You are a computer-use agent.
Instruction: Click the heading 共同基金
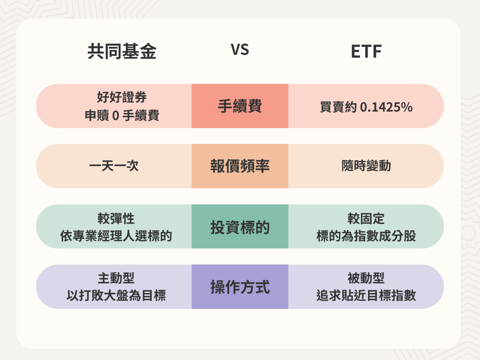[x=122, y=52]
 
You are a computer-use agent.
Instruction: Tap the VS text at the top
[x=240, y=51]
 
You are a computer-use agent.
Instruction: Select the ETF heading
[x=366, y=52]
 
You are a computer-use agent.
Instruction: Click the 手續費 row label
[x=240, y=106]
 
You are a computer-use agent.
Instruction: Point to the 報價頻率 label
[x=240, y=166]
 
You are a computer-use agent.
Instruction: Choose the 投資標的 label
[x=240, y=227]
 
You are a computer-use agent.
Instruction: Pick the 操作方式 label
[x=240, y=287]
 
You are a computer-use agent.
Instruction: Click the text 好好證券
[x=122, y=98]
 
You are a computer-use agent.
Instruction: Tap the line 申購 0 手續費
[x=122, y=115]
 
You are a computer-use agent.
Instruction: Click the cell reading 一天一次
[x=114, y=166]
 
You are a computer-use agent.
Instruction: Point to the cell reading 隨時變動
[x=366, y=166]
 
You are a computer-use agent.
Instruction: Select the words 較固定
[x=366, y=218]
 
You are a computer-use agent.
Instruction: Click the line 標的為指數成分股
[x=366, y=236]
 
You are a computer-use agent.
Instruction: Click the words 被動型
[x=366, y=278]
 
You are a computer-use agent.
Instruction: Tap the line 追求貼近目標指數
[x=366, y=296]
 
